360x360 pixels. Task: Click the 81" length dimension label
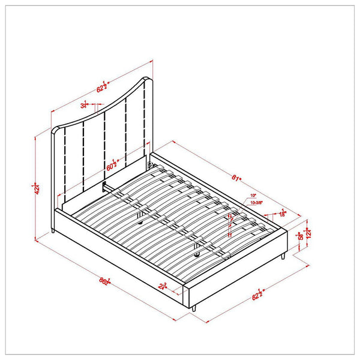(236, 178)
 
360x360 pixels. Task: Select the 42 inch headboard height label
(37, 189)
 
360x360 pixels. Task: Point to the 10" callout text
(254, 196)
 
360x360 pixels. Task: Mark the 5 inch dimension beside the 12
(301, 236)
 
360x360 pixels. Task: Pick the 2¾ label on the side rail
(162, 286)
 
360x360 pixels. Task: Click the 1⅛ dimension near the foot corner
(281, 214)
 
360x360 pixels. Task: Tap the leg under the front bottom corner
(196, 307)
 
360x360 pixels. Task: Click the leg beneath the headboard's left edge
(54, 230)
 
